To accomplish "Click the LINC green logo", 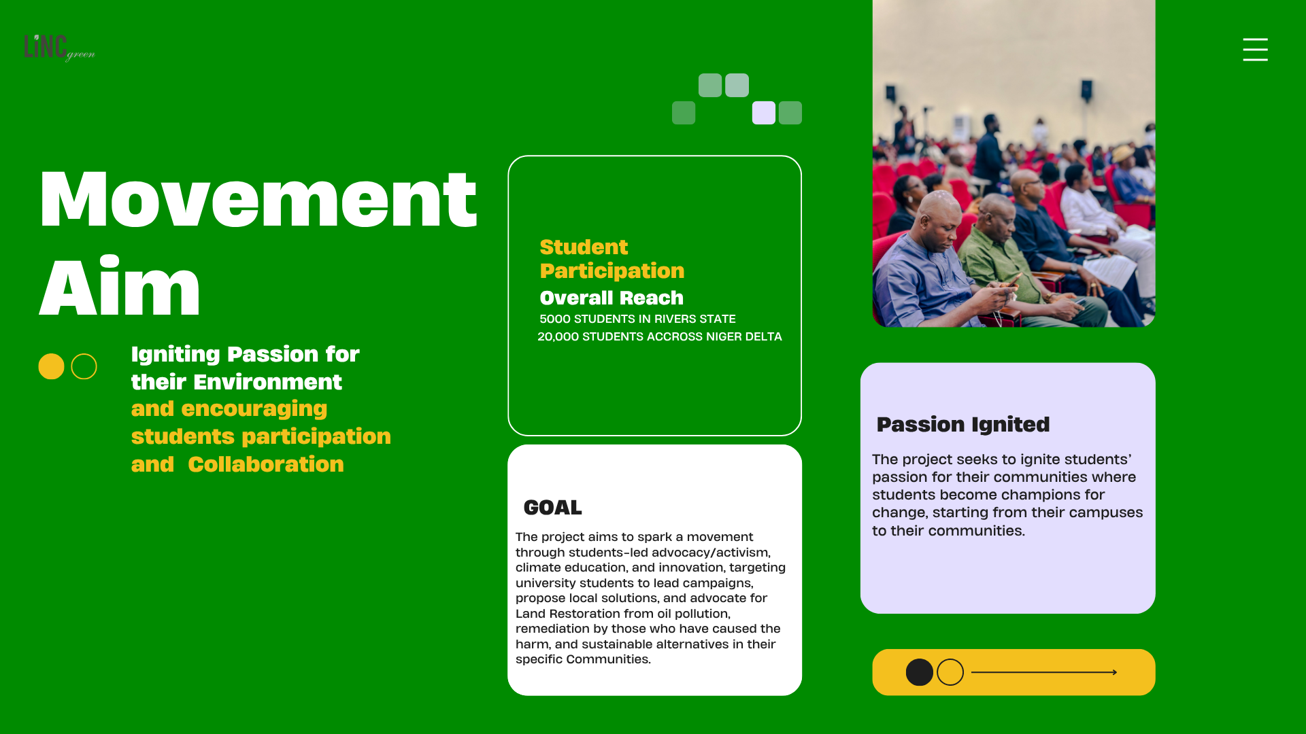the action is [x=59, y=48].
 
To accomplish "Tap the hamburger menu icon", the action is [x=1255, y=50].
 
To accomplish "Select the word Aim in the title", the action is [x=120, y=286].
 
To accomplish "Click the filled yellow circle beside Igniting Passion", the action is [x=51, y=366].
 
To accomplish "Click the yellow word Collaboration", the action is [x=266, y=464].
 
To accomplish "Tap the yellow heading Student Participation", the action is [x=612, y=259].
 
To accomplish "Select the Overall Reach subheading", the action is [x=612, y=298].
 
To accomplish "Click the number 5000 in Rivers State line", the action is [x=555, y=319].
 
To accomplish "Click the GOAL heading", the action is [x=552, y=508].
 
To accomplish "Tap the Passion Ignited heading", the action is [x=963, y=424].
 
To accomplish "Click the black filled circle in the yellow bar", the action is [x=919, y=672].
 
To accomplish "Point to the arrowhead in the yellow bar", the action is [x=1114, y=672].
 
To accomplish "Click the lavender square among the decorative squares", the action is [x=763, y=113].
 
